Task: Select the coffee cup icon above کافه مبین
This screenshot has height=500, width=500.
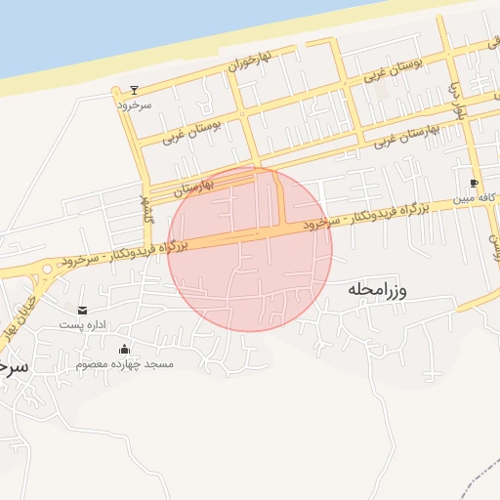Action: click(x=474, y=183)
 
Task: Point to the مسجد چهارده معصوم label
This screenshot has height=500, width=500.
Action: click(x=124, y=364)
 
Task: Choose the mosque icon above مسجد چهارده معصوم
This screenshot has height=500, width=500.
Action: click(x=124, y=350)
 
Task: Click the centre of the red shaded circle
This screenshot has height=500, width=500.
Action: click(x=250, y=249)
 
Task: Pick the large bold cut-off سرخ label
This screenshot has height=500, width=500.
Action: click(x=13, y=367)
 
